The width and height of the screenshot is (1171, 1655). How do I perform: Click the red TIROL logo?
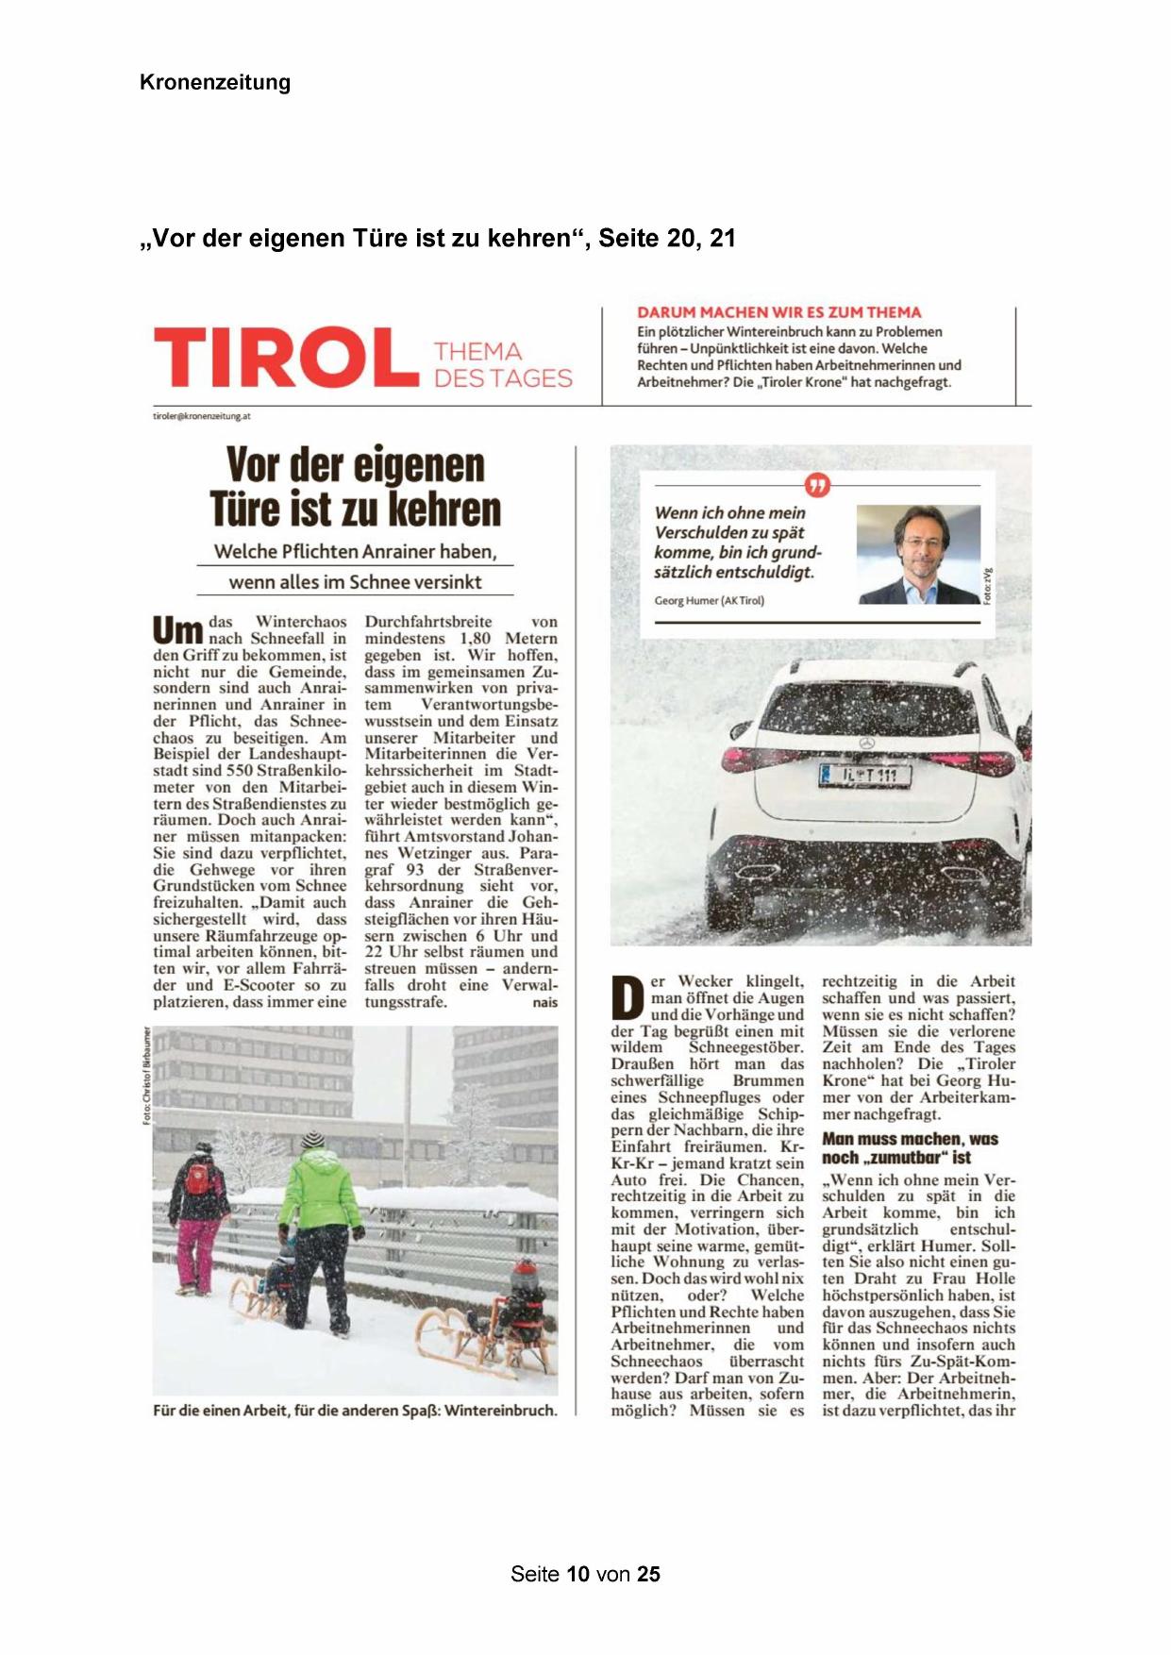(x=285, y=358)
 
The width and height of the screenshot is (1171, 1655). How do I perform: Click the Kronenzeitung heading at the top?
(x=215, y=82)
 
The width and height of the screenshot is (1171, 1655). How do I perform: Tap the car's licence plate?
(x=864, y=776)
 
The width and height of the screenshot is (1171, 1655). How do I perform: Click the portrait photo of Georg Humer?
(x=917, y=554)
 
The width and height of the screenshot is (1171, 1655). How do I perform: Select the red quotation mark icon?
(x=817, y=485)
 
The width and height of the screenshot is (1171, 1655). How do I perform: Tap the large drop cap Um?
(x=177, y=630)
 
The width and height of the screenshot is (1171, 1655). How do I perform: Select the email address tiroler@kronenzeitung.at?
(x=202, y=416)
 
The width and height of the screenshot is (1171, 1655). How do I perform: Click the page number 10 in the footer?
(x=578, y=1574)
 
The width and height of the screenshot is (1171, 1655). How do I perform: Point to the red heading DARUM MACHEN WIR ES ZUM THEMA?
(x=778, y=312)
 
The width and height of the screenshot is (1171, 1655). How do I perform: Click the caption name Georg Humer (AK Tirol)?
(x=709, y=601)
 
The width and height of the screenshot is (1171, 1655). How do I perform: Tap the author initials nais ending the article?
(x=544, y=1003)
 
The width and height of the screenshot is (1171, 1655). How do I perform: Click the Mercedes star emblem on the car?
(x=866, y=743)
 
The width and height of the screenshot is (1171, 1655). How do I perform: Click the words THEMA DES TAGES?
(x=502, y=365)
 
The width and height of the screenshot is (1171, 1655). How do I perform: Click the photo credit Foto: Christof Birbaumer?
(x=146, y=1075)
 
